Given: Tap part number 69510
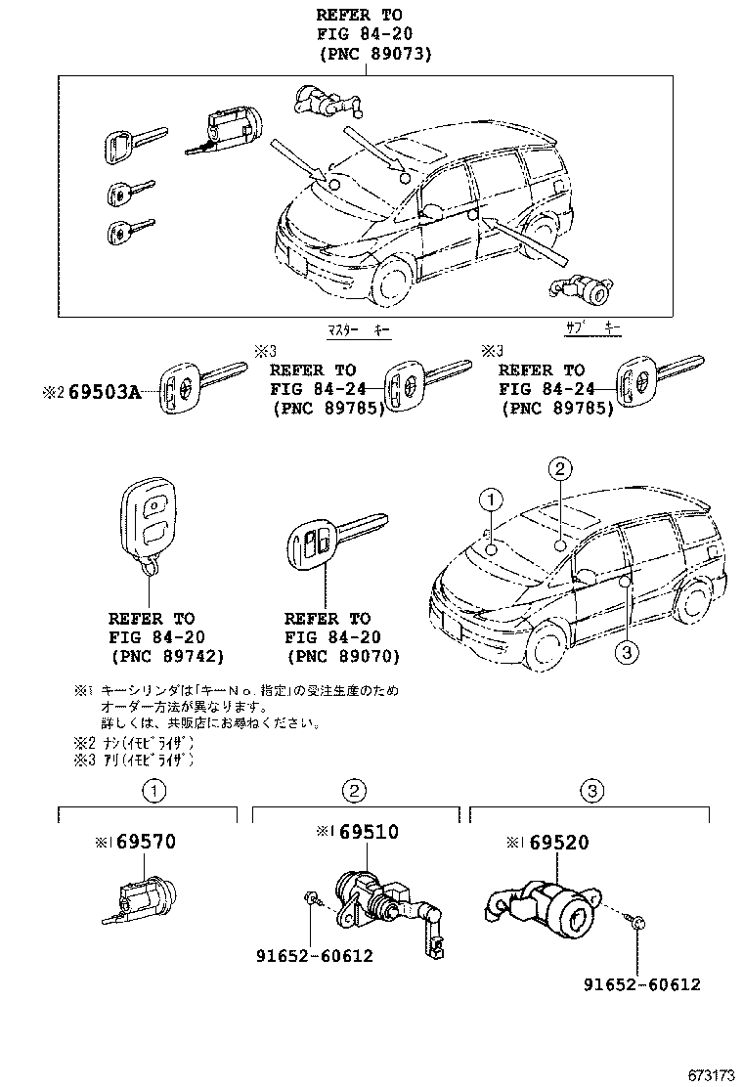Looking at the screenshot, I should tap(367, 832).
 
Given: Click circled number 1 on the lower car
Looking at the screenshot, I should tap(490, 501).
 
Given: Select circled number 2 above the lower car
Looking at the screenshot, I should tap(558, 470).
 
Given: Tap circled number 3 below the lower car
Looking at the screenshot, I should tap(627, 652).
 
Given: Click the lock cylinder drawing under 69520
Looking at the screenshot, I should tap(552, 903).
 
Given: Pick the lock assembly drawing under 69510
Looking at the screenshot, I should tap(376, 905).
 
